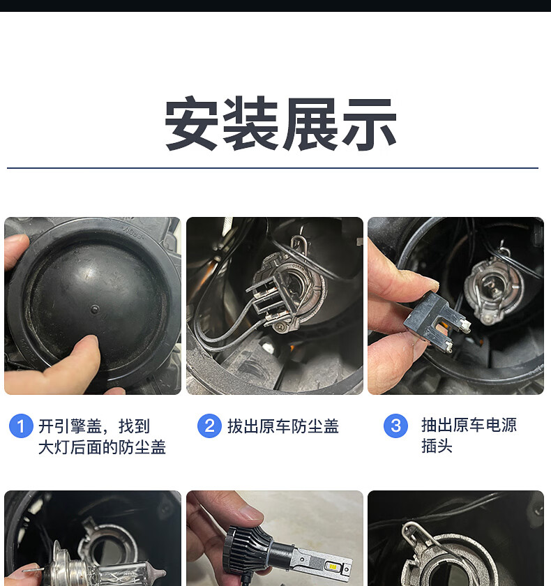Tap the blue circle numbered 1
click(x=21, y=426)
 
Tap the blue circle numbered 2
click(x=209, y=426)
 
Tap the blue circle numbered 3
click(x=395, y=426)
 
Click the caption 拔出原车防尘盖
click(x=282, y=426)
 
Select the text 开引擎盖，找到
click(x=94, y=426)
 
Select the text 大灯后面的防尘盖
click(x=102, y=447)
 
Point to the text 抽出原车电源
click(x=469, y=425)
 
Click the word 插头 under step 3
click(x=437, y=446)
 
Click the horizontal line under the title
click(x=272, y=168)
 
